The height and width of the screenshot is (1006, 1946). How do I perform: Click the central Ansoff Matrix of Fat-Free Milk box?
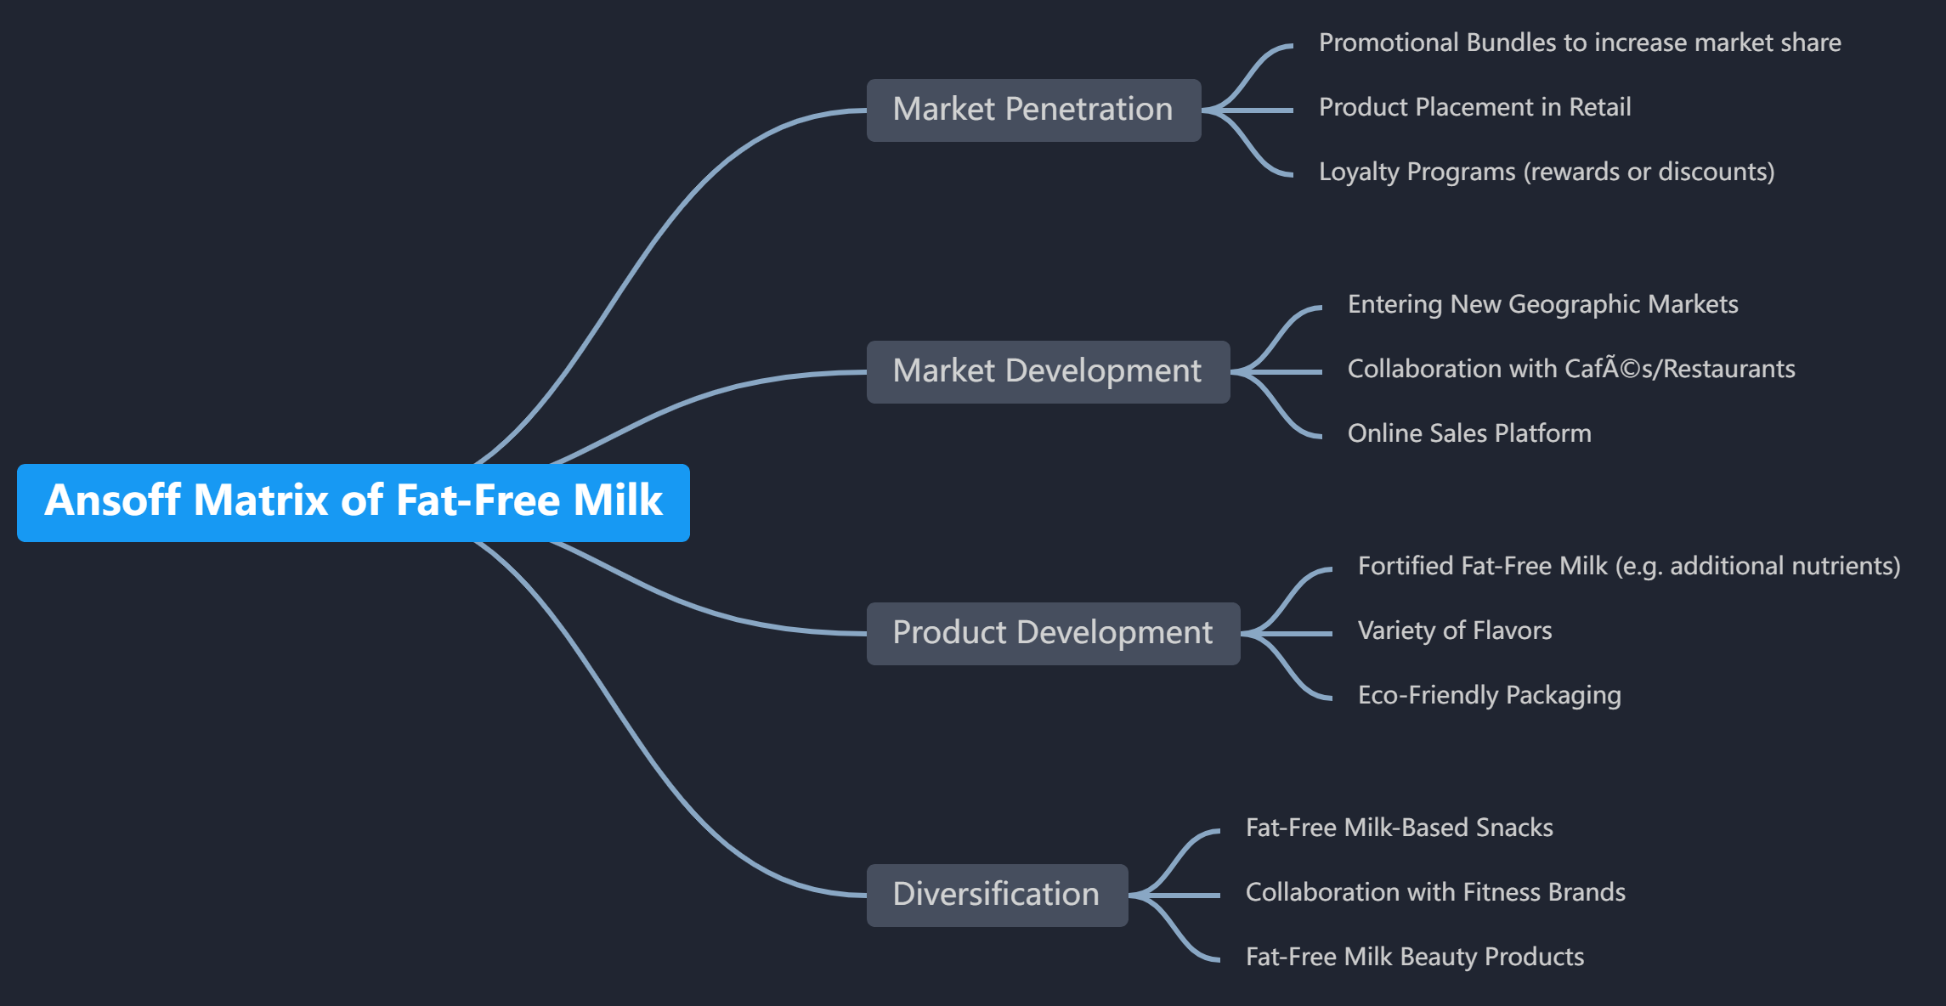coord(353,502)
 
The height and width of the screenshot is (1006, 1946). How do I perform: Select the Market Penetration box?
coord(1033,110)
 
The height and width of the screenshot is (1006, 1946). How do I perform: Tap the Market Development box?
coord(1048,371)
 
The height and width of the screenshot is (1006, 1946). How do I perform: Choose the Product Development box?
coord(1053,633)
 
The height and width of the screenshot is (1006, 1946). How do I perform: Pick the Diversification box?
coord(997,895)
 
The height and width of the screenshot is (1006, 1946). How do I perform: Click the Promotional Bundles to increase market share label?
coord(1580,42)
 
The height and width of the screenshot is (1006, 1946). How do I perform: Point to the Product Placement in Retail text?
coord(1474,107)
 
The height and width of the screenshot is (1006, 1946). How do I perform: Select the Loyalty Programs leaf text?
coord(1547,172)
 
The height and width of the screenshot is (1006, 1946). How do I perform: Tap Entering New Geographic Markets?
coord(1542,304)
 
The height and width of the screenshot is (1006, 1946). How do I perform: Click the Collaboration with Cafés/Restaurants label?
coord(1571,369)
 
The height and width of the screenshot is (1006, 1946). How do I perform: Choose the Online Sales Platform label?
coord(1469,433)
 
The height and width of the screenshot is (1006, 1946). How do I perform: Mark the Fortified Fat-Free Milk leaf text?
coord(1629,566)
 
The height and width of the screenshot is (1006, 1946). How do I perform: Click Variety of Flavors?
coord(1455,630)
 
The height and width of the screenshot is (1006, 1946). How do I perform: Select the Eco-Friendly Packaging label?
coord(1490,695)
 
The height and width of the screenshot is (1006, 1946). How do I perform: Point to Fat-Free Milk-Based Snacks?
coord(1400,828)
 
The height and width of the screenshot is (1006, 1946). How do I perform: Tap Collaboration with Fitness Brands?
coord(1435,892)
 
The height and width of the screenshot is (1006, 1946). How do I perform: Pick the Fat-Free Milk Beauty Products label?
coord(1415,957)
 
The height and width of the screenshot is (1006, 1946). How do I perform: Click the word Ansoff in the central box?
coord(113,500)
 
